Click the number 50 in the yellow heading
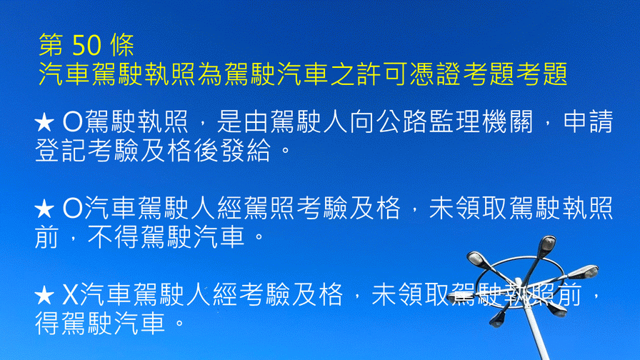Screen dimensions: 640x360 click(x=86, y=44)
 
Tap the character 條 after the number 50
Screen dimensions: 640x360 click(x=122, y=44)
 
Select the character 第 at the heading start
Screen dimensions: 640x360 click(x=51, y=44)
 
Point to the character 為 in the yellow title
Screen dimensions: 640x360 click(x=210, y=74)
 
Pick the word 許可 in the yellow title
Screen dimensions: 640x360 click(x=382, y=74)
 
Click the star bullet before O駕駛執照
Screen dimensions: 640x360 click(x=44, y=122)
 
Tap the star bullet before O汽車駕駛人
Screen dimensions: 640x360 click(x=44, y=209)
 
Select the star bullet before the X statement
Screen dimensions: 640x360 click(x=44, y=295)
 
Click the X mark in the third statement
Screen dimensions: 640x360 click(x=70, y=295)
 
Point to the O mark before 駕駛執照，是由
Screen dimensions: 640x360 click(x=73, y=122)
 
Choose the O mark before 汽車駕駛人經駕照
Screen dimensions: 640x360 click(x=73, y=208)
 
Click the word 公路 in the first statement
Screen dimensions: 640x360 click(x=402, y=121)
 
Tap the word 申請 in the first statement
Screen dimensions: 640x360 click(x=589, y=121)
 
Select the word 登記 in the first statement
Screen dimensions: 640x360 click(x=61, y=150)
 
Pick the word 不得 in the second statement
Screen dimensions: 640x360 click(x=113, y=236)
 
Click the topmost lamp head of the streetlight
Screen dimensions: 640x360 click(x=547, y=244)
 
